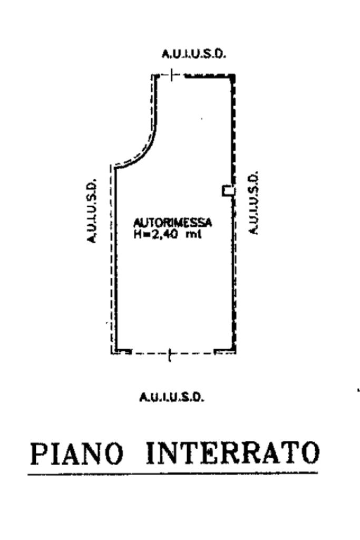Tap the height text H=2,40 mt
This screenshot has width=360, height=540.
coord(167,235)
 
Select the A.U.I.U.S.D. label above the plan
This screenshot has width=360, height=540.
coord(193,54)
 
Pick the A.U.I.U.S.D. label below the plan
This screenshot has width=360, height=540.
coord(172,397)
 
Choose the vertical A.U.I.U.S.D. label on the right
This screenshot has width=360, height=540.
coord(254,202)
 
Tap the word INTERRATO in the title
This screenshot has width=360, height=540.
coord(232,453)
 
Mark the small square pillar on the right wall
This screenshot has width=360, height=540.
coord(228,190)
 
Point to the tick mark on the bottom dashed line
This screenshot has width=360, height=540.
coord(169,356)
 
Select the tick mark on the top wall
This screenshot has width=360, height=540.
coord(172,76)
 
